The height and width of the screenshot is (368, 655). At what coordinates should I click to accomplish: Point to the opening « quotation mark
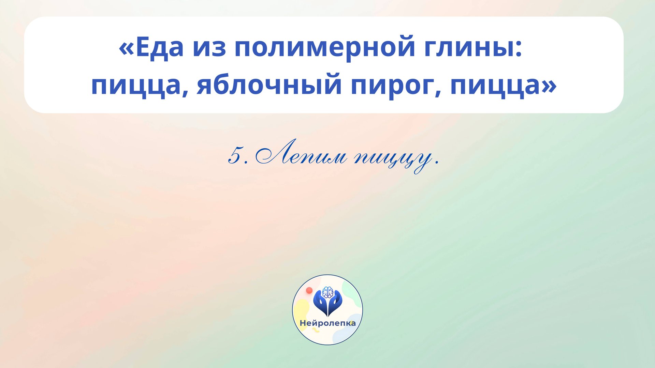coord(126,48)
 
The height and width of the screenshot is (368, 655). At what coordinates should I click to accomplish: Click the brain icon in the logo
coord(327,292)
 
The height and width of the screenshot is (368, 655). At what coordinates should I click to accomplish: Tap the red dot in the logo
coord(309,290)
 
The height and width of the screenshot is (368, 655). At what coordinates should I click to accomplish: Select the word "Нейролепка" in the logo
coord(327,323)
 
